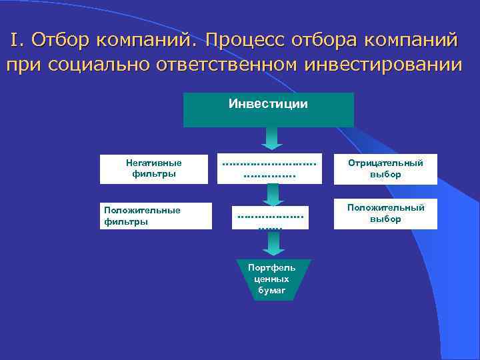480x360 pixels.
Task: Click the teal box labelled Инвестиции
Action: (268, 109)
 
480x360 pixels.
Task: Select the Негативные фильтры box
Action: (155, 169)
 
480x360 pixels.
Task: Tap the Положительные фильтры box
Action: (155, 216)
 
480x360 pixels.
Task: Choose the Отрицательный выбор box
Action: (385, 169)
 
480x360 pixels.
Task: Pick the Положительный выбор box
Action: (385, 214)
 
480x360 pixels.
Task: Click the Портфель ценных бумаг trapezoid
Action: (271, 279)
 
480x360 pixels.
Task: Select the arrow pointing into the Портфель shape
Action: (272, 243)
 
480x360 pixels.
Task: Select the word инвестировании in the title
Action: (382, 65)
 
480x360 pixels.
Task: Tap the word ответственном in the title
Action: (228, 65)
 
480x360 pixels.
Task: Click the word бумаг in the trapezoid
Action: (271, 291)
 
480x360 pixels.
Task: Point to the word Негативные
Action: (154, 163)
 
